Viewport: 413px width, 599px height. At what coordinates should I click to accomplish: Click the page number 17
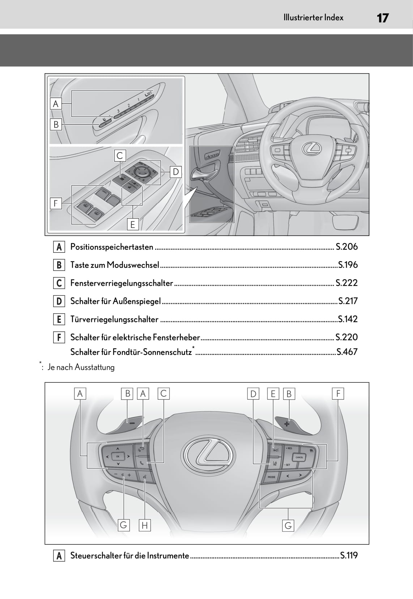[x=382, y=18]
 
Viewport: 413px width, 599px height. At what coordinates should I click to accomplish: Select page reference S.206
[x=346, y=247]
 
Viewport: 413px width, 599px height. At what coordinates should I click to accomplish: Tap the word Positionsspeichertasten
[x=112, y=247]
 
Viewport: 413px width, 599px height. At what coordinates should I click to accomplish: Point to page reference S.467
[x=347, y=352]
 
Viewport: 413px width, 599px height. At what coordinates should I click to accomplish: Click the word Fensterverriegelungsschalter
[x=122, y=283]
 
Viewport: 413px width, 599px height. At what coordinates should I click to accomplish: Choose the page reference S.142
[x=348, y=319]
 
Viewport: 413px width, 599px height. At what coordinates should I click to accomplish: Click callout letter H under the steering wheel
[x=144, y=525]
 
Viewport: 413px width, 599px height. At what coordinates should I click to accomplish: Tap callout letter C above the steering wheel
[x=163, y=393]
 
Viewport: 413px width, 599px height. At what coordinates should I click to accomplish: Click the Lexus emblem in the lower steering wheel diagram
[x=206, y=454]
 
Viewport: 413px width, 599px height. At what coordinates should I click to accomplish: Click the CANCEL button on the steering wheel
[x=299, y=457]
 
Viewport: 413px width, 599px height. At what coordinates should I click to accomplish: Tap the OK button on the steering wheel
[x=118, y=456]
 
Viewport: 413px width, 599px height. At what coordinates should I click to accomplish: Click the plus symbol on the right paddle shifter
[x=287, y=423]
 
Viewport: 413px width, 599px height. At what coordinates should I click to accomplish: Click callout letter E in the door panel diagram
[x=133, y=225]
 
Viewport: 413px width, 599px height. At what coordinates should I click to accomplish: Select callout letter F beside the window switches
[x=56, y=203]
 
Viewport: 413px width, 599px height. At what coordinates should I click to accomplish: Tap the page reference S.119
[x=349, y=555]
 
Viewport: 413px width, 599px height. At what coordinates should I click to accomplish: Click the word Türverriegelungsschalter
[x=114, y=319]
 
